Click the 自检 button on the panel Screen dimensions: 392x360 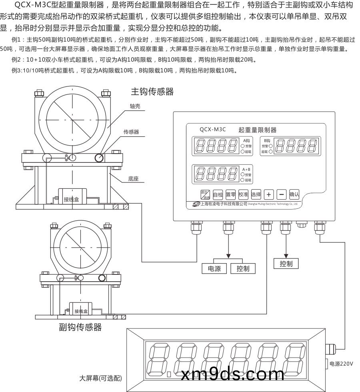coord(218,195)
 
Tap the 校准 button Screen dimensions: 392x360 coord(243,195)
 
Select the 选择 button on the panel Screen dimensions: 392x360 coord(256,195)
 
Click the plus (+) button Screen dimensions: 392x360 coord(269,195)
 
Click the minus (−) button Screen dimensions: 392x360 coord(282,195)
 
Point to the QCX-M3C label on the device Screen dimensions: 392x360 coord(213,129)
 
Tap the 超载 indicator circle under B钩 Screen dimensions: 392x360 coord(271,152)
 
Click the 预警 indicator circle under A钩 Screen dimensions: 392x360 coord(242,146)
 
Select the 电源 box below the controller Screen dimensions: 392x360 coord(214,269)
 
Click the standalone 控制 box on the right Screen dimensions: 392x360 coord(286,263)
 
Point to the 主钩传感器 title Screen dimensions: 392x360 coord(152,92)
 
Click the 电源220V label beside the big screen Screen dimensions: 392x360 coord(341,364)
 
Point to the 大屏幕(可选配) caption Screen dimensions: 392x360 coord(100,378)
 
